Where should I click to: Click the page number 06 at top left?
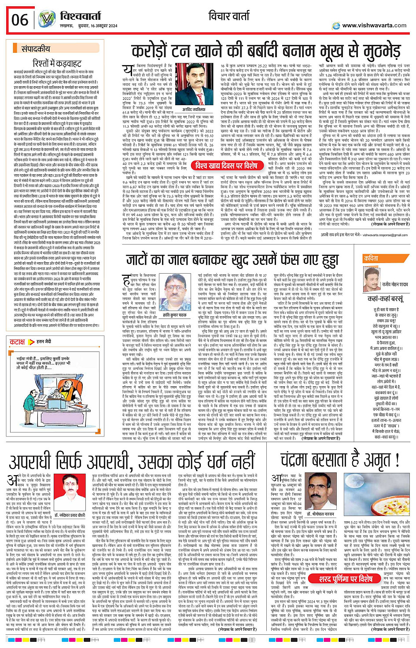pyautogui.click(x=20, y=20)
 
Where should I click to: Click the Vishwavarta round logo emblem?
pyautogui.click(x=47, y=20)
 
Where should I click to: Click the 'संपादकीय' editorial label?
pyautogui.click(x=36, y=49)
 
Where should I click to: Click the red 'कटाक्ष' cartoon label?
pyautogui.click(x=18, y=341)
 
